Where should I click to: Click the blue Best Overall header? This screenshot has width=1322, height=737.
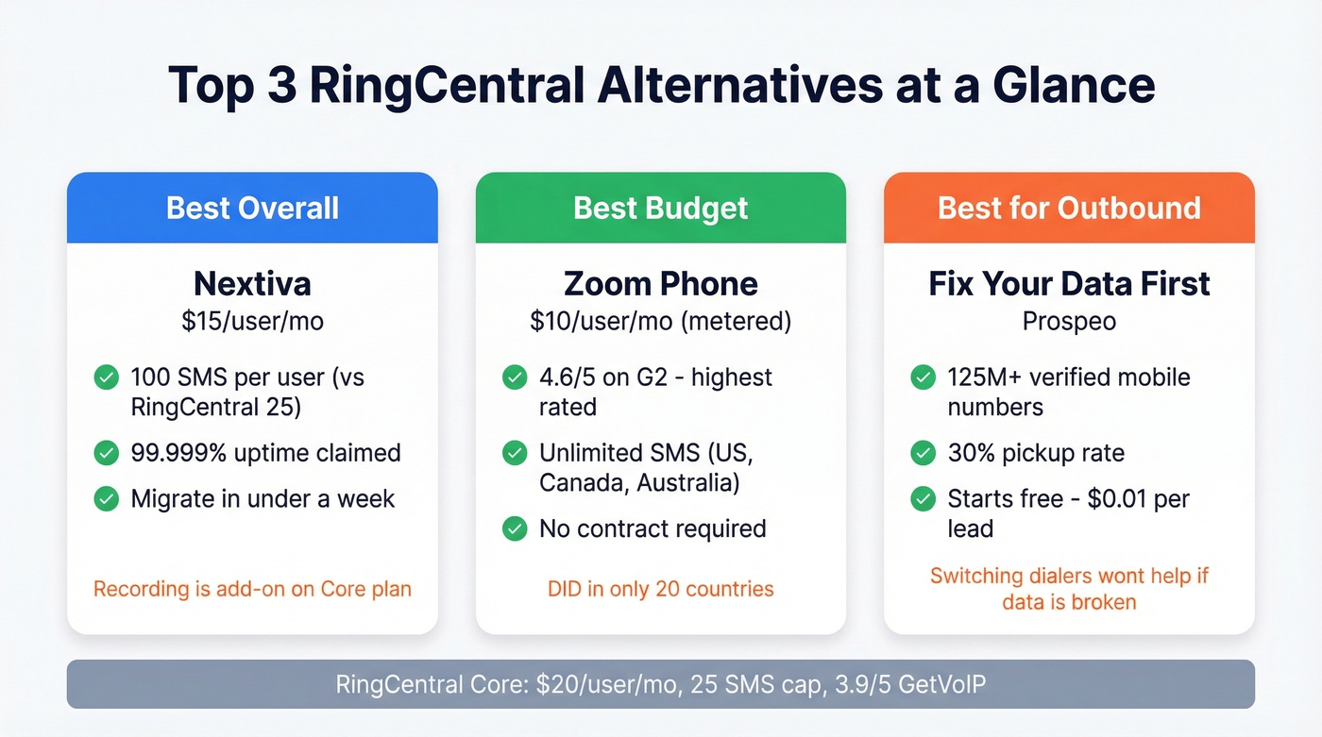252,208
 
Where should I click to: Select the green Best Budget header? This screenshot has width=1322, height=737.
660,208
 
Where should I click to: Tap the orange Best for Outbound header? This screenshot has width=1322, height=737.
1069,208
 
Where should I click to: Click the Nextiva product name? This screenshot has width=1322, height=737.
252,284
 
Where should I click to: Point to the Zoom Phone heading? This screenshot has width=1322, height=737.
660,284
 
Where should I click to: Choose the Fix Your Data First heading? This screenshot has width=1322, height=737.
1069,284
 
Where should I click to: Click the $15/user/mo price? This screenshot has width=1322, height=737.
252,321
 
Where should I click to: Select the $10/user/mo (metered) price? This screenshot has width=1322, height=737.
660,321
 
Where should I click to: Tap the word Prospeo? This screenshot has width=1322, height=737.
1069,321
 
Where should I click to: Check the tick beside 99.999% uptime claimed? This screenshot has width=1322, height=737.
107,453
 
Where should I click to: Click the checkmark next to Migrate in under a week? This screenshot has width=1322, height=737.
107,498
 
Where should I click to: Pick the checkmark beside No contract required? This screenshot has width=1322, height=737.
515,528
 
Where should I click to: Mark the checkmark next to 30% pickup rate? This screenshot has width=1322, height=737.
923,453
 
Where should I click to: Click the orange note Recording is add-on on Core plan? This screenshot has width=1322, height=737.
252,589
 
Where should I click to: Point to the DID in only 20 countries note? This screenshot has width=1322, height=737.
660,589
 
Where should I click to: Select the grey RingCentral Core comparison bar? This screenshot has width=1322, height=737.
660,684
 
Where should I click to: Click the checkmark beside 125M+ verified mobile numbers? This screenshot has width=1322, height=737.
923,377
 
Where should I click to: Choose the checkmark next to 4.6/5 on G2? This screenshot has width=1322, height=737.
515,377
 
